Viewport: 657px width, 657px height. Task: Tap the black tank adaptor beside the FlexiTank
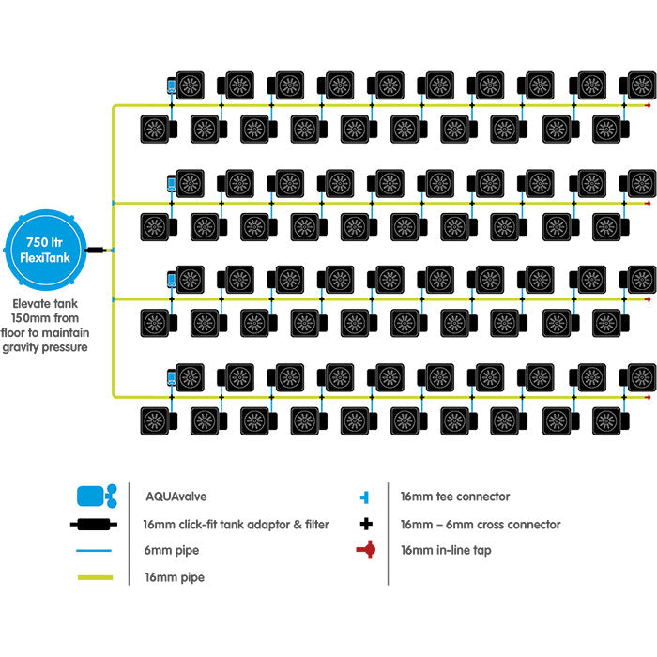tap(97, 251)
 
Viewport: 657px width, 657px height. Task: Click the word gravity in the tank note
tap(35, 347)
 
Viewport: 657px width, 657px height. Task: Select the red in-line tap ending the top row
tap(647, 105)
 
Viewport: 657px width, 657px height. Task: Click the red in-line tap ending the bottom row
tap(647, 397)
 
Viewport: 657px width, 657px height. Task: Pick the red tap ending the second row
tap(647, 202)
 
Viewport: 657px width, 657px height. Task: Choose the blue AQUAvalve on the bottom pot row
tap(172, 378)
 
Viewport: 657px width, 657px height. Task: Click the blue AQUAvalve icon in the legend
tap(94, 496)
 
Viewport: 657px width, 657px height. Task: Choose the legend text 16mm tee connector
tap(455, 497)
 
